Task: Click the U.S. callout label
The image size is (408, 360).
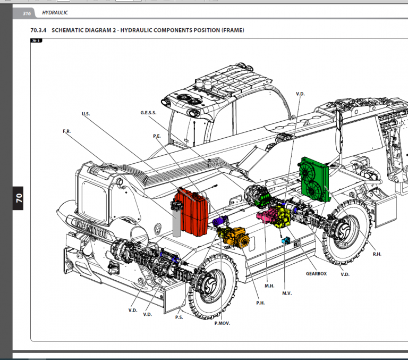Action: pyautogui.click(x=86, y=114)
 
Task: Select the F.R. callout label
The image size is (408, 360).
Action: pyautogui.click(x=67, y=131)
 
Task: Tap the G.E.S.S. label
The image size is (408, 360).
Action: pyautogui.click(x=149, y=113)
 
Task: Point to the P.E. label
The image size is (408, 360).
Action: pyautogui.click(x=157, y=136)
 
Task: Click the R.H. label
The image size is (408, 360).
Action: pyautogui.click(x=377, y=254)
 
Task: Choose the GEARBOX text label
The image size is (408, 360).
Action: pyautogui.click(x=316, y=273)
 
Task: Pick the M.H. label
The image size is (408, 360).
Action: pyautogui.click(x=269, y=286)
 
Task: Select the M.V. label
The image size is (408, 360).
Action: pyautogui.click(x=287, y=294)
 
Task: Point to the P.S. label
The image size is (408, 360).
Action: pyautogui.click(x=179, y=317)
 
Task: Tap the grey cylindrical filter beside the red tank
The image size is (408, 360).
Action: pyautogui.click(x=177, y=222)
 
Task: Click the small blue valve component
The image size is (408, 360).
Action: pyautogui.click(x=285, y=241)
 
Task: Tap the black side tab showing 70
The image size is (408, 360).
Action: pyautogui.click(x=18, y=198)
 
